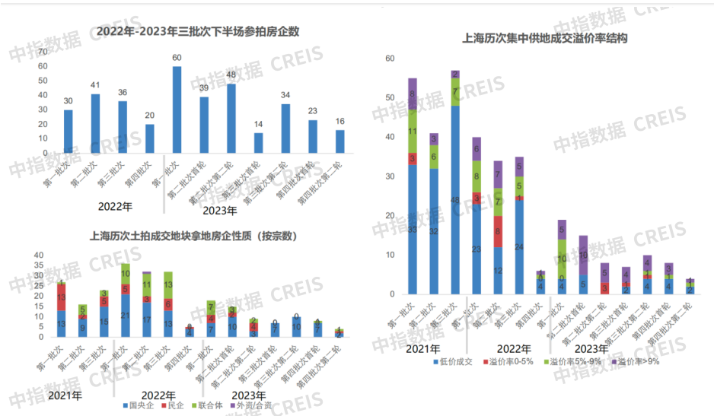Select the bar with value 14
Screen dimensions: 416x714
pos(259,143)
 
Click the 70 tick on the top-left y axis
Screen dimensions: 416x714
pos(43,51)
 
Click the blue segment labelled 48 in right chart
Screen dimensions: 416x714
pos(455,199)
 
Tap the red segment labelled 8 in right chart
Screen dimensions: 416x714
pos(498,232)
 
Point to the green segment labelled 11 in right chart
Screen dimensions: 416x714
pos(413,131)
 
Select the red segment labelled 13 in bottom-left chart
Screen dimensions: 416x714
pos(61,297)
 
